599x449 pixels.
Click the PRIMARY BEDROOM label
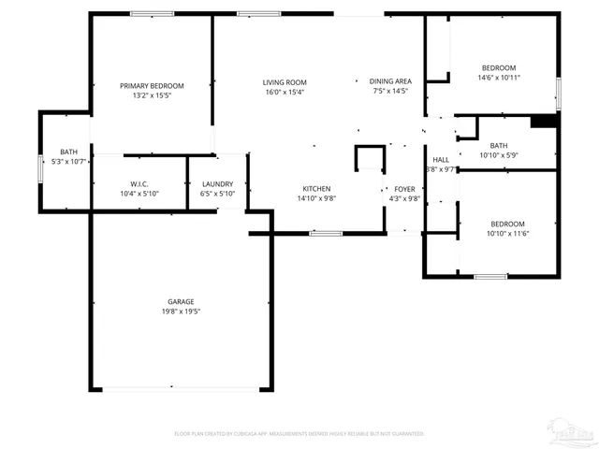coord(152,85)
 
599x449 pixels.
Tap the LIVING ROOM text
coord(285,82)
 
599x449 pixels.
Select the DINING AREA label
coord(390,82)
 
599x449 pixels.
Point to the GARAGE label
coord(181,301)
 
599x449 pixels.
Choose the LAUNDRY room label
coord(217,184)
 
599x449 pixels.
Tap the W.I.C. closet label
coord(140,184)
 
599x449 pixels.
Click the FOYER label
coord(404,189)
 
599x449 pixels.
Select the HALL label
coord(441,160)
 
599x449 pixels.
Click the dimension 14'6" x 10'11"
coord(499,78)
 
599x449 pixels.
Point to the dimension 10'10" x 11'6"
coord(508,233)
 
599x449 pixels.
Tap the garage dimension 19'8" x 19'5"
coord(181,311)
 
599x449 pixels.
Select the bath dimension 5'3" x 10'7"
coord(68,162)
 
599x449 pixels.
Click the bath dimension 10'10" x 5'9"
coord(499,155)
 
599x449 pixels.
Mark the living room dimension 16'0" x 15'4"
coord(285,92)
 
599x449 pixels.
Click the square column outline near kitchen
coord(370,158)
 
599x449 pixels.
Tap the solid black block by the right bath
coord(543,121)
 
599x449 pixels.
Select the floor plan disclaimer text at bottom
coord(299,434)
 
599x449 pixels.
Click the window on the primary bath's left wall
coord(40,168)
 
